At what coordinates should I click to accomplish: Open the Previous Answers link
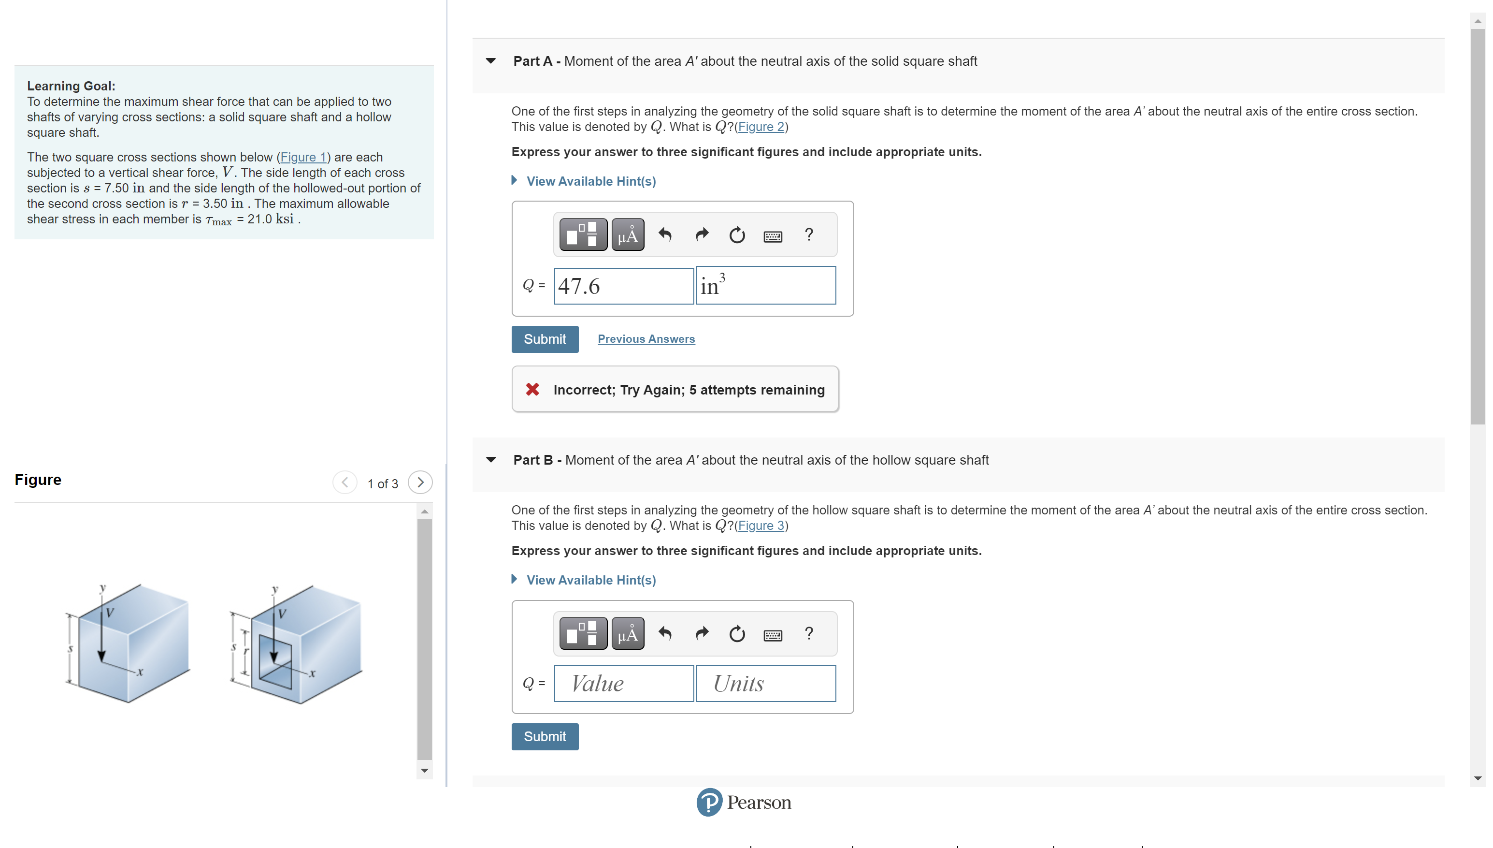[x=646, y=339]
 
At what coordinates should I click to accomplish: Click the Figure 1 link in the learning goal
[x=302, y=157]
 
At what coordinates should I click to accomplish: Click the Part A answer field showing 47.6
[x=623, y=286]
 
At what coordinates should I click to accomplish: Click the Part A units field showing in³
[x=765, y=286]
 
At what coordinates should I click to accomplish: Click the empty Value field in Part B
[x=623, y=683]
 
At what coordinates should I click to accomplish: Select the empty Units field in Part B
[x=765, y=683]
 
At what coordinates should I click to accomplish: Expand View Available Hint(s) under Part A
[x=590, y=181]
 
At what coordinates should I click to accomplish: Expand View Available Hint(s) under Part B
[x=590, y=580]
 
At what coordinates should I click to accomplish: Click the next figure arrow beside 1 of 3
[x=420, y=482]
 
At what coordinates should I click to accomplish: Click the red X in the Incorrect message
[x=532, y=390]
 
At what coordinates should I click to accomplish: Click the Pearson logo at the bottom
[x=743, y=803]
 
